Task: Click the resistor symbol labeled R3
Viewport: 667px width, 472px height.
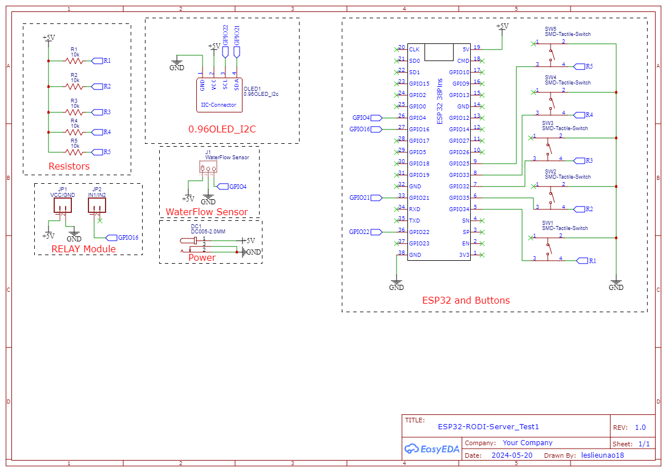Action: click(x=74, y=112)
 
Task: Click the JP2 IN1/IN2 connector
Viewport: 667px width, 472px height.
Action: click(x=97, y=206)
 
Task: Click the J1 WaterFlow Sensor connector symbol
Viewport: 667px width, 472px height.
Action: click(x=208, y=167)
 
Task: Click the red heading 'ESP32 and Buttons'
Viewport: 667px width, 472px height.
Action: click(x=466, y=300)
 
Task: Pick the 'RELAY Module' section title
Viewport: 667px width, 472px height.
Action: click(x=83, y=249)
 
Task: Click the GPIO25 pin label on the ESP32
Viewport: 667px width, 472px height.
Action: click(x=459, y=164)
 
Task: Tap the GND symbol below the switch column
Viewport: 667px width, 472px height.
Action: click(x=616, y=285)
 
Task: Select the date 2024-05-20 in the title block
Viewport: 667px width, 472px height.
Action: click(x=512, y=455)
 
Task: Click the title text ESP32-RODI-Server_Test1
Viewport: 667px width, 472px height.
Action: click(x=488, y=426)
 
